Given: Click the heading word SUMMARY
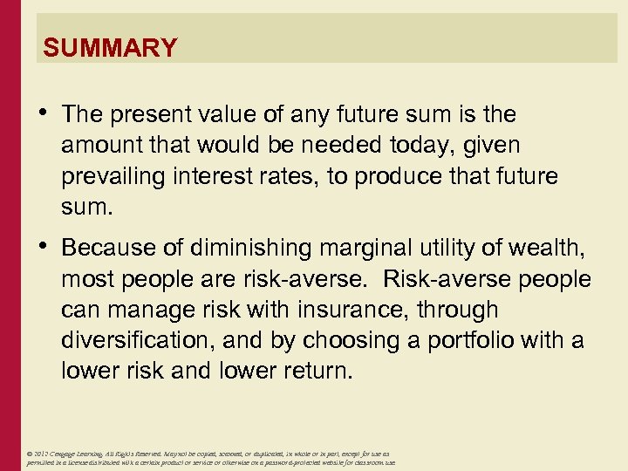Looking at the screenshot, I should pos(110,47).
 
